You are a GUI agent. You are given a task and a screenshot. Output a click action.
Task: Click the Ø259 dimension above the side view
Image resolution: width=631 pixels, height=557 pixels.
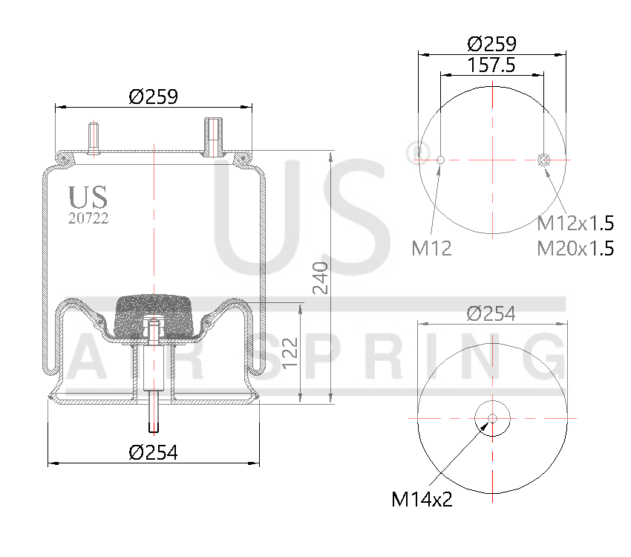tap(153, 97)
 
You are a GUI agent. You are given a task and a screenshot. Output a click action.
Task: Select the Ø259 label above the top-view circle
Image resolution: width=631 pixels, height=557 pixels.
tap(492, 43)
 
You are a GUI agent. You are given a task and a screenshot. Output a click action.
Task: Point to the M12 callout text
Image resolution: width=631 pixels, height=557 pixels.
tap(432, 248)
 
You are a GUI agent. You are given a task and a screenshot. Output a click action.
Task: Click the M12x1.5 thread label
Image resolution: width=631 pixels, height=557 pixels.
tap(575, 223)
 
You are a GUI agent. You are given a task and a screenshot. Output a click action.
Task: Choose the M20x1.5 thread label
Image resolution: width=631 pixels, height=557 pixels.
tap(575, 248)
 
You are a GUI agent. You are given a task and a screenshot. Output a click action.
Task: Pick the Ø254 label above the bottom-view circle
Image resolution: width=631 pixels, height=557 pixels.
tap(491, 313)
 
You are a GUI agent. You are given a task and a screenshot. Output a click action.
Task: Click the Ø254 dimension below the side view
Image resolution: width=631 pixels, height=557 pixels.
tap(153, 452)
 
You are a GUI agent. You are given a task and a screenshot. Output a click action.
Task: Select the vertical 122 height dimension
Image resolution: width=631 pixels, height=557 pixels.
tap(291, 354)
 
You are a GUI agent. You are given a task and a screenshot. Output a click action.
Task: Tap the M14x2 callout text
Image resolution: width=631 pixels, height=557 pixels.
tap(422, 499)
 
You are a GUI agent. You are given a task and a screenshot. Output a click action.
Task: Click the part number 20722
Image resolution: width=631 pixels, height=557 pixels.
tap(88, 218)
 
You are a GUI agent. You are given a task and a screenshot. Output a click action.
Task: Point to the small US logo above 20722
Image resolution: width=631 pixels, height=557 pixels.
tap(88, 198)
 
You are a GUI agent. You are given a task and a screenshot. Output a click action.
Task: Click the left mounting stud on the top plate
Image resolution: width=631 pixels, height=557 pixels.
tap(94, 138)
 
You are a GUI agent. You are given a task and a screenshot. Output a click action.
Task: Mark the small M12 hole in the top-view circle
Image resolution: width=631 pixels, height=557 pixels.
tap(440, 160)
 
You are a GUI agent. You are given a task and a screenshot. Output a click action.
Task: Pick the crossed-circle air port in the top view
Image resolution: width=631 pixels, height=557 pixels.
tap(543, 160)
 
